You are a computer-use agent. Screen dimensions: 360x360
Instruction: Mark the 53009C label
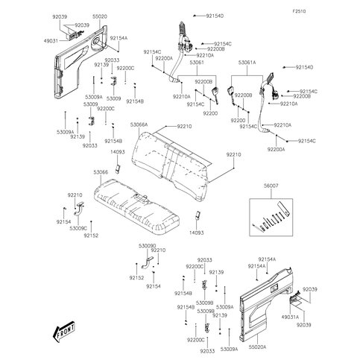78,227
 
